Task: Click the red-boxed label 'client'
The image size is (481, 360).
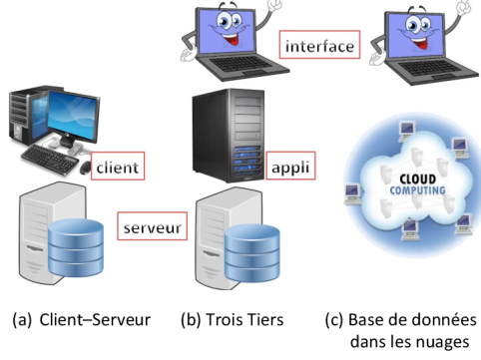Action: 118,168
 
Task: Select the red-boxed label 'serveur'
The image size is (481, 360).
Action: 152,226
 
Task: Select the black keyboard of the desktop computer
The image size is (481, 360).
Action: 55,158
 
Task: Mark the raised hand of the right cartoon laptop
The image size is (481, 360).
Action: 465,9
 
